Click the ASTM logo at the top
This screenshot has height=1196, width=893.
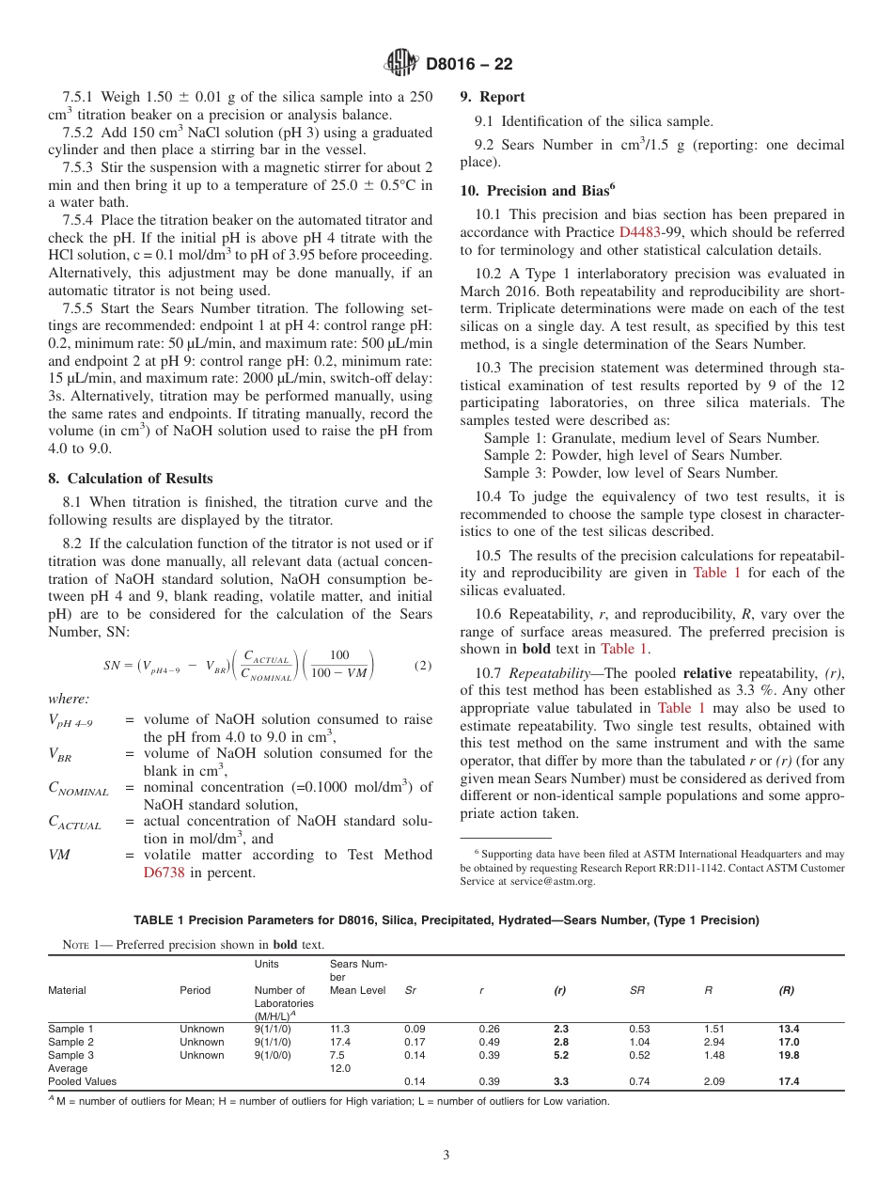coord(401,64)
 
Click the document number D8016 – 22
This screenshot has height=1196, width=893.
coord(469,65)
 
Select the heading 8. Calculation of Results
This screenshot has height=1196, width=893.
coord(131,479)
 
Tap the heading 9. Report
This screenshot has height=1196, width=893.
coord(493,97)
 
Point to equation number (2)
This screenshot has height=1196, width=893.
coord(422,666)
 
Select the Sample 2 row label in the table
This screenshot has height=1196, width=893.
coord(70,1042)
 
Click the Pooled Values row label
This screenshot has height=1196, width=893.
coord(82,1081)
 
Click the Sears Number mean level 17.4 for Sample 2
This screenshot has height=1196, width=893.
coord(340,1042)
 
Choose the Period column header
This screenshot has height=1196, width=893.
coord(195,990)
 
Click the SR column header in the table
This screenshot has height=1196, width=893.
coord(636,990)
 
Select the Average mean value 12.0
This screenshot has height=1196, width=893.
coord(340,1068)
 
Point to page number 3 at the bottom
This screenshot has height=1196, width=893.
coord(446,1156)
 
